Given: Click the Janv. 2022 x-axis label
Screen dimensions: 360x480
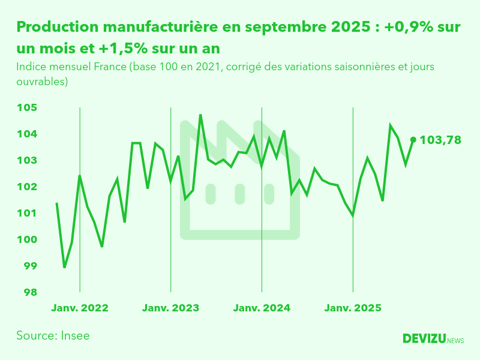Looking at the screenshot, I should [80, 308].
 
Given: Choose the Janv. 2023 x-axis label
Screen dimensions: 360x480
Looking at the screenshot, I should [171, 308].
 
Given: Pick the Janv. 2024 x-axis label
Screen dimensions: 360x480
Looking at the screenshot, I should [262, 308].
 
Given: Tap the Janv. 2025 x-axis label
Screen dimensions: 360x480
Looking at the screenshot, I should [353, 308].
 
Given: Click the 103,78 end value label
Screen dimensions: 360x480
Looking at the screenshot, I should [440, 140].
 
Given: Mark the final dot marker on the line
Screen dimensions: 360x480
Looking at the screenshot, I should [413, 140].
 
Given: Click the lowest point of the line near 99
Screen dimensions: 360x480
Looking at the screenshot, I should [65, 267].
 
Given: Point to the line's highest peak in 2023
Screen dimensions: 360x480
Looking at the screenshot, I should [200, 115].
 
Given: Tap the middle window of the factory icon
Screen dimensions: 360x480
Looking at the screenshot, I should [239, 194].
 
